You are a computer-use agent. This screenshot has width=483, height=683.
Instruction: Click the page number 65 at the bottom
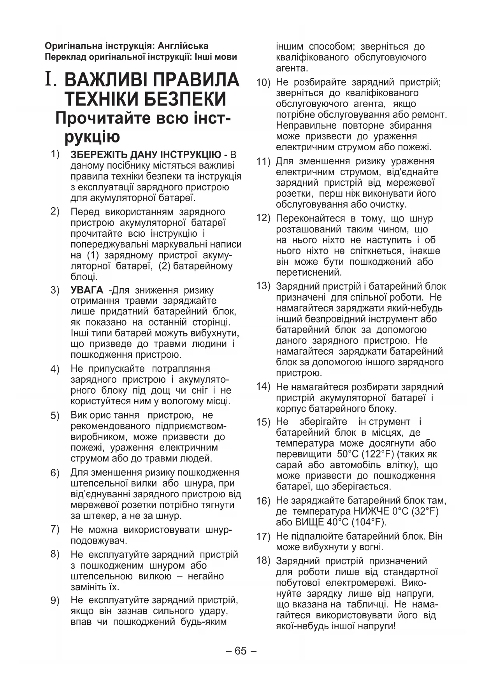[241, 651]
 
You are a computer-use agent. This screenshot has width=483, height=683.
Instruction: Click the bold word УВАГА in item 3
[87, 290]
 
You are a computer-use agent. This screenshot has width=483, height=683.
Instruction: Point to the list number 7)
[55, 529]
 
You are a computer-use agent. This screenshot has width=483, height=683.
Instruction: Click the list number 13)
[263, 286]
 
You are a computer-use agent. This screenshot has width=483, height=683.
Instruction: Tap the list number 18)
[263, 561]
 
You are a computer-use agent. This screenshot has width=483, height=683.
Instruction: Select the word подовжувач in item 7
[99, 540]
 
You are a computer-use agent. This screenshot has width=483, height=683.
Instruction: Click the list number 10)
[263, 83]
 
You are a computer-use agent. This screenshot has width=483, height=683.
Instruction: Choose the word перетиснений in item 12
[309, 273]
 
